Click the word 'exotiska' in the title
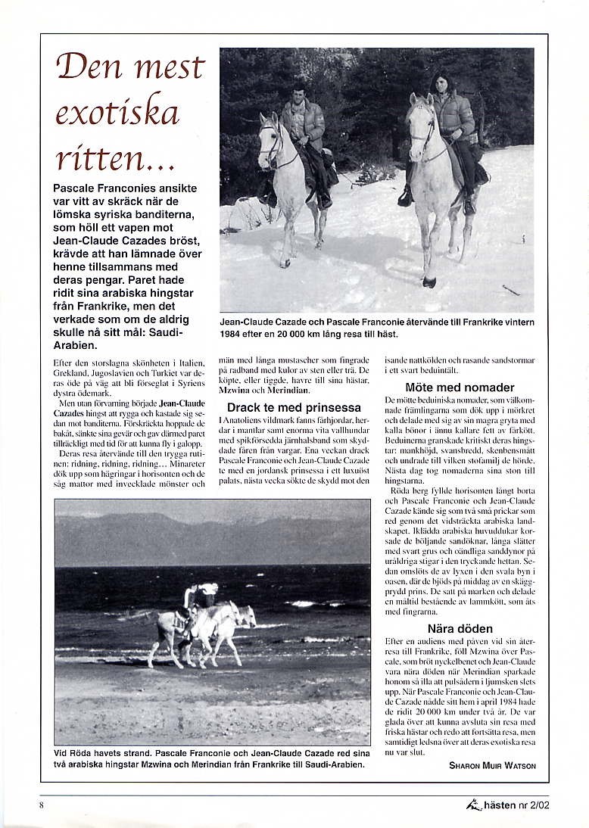coord(117,112)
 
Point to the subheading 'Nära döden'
coord(460,628)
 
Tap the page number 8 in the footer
coord(42,805)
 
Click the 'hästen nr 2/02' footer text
coord(517,805)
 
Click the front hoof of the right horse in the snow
coord(429,282)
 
